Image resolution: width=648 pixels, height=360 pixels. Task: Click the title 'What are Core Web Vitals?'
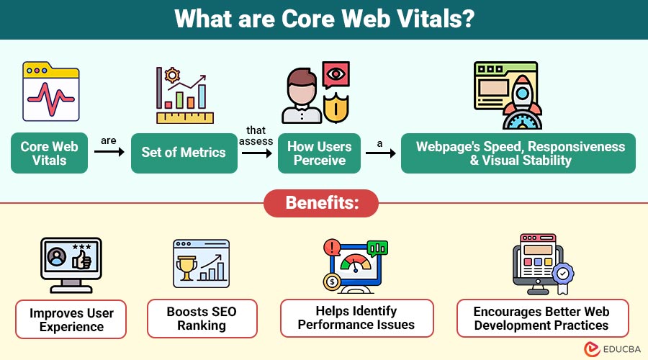[x=323, y=19]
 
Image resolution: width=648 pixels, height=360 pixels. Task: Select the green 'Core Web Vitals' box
[x=49, y=153]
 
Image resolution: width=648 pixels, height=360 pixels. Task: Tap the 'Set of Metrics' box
[x=184, y=153]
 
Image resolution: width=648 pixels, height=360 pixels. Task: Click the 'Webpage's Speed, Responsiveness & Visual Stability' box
[x=518, y=153]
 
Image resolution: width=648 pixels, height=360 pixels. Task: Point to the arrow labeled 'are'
[x=109, y=153]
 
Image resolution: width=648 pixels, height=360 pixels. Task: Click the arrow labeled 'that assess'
[x=257, y=153]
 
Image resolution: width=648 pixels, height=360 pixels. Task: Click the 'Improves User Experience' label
[x=71, y=320]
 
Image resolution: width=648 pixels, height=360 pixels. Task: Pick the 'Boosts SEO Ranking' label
[x=202, y=318]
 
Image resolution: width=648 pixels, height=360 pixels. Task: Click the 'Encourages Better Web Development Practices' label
[x=542, y=318]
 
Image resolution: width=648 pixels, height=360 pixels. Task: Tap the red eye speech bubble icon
[x=336, y=76]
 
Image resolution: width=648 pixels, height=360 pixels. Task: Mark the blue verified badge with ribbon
[x=561, y=276]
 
